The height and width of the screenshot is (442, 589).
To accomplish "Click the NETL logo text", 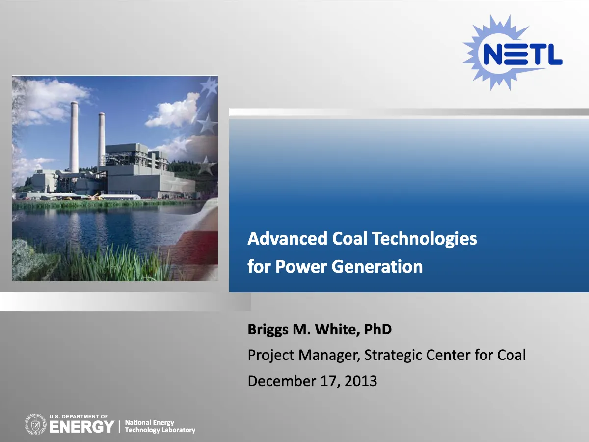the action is [x=523, y=54].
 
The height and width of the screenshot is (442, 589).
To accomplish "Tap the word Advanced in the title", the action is [x=288, y=238].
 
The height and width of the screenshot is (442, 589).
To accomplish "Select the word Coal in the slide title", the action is [x=349, y=238].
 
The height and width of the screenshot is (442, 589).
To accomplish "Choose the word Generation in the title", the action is [x=377, y=267].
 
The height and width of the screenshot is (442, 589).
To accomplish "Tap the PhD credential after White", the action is [x=378, y=329].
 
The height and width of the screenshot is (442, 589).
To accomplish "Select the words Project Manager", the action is [x=304, y=356].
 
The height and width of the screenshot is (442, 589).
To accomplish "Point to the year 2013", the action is [x=361, y=381].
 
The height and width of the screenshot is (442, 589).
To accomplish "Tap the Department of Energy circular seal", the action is [x=35, y=424].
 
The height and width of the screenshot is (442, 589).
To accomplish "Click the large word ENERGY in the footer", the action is [x=82, y=427].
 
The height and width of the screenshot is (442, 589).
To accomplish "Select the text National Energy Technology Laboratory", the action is [x=160, y=426].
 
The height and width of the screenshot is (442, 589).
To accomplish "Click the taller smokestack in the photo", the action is [x=74, y=137].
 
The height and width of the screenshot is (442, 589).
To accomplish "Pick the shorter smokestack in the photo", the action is [x=102, y=139].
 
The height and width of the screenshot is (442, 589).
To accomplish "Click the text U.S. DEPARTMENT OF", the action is [x=79, y=417].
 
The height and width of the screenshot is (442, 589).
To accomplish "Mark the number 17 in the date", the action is [x=329, y=381].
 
